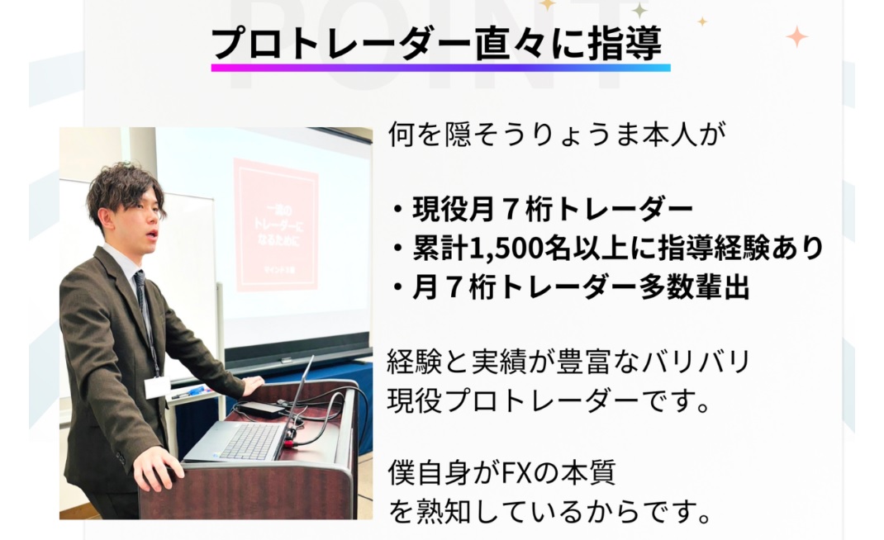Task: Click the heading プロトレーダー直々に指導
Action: [x=437, y=44]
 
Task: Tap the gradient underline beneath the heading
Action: [x=440, y=67]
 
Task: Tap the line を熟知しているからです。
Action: [x=549, y=514]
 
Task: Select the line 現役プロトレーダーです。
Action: [x=549, y=401]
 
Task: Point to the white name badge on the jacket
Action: [x=158, y=386]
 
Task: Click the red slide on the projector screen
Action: [x=276, y=225]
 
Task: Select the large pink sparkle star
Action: [x=796, y=36]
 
